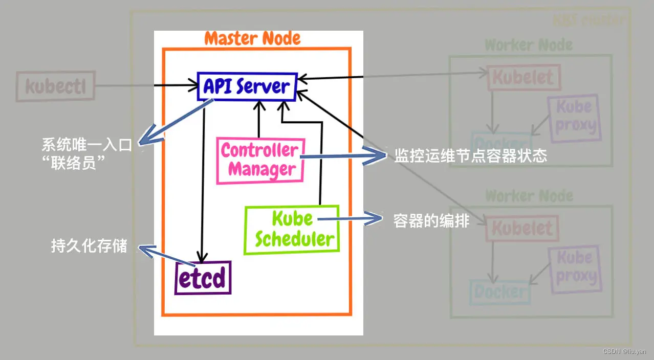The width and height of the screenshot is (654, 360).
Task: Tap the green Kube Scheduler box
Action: click(292, 230)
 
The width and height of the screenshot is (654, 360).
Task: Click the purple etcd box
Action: click(203, 278)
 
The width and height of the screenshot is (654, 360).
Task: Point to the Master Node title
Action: click(252, 38)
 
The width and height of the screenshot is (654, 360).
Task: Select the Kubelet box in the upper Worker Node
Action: click(522, 78)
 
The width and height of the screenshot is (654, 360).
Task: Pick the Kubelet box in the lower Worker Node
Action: click(522, 228)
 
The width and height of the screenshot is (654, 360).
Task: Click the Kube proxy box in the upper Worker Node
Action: click(574, 117)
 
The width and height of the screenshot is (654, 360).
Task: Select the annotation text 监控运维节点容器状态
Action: click(470, 156)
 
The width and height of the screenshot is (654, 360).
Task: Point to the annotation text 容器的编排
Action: click(431, 220)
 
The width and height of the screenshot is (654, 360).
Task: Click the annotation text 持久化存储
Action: click(89, 246)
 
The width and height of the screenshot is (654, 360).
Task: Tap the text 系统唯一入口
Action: click(86, 145)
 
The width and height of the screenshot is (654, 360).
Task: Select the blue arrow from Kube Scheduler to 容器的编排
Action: click(350, 220)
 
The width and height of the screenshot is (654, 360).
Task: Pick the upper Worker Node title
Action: click(529, 45)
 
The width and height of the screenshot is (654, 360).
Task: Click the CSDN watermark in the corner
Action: click(624, 351)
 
